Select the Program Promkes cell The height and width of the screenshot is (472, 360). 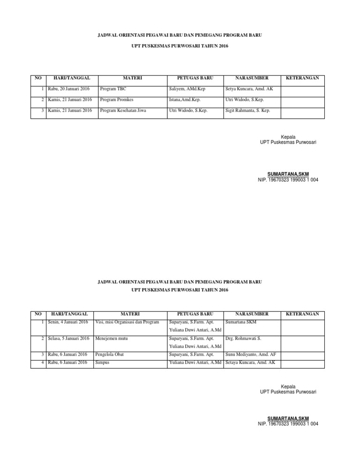115,99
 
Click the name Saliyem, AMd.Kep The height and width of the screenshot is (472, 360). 187,88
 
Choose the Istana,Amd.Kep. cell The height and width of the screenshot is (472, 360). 186,99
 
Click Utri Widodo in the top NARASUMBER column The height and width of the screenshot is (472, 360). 243,99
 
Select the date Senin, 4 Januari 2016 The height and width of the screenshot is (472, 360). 68,322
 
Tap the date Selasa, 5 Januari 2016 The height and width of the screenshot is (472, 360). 68,338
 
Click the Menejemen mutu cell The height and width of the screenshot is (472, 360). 112,338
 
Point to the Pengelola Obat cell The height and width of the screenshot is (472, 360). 111,355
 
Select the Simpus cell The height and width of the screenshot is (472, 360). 103,363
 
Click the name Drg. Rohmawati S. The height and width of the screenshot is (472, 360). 243,338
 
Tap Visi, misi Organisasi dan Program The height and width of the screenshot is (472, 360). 127,322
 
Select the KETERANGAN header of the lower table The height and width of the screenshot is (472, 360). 302,313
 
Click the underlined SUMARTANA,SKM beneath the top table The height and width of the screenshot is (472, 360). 288,174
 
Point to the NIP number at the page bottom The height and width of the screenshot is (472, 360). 288,424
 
